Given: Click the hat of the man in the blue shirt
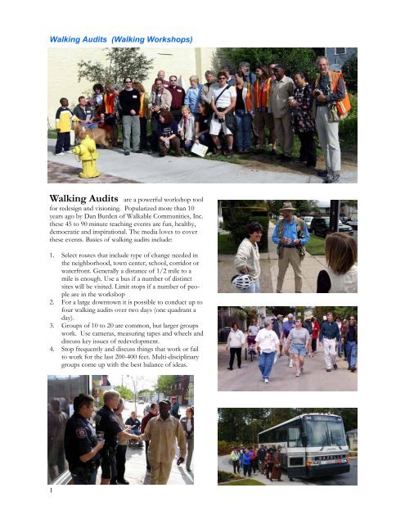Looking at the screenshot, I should [x=287, y=208].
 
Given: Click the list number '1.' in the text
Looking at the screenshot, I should [x=52, y=278].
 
